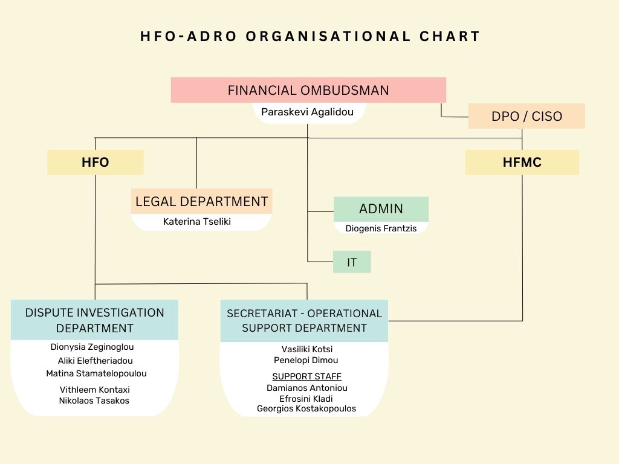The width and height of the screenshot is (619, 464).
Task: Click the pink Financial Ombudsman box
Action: click(x=308, y=90)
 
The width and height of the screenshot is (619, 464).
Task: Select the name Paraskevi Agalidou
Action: click(x=307, y=112)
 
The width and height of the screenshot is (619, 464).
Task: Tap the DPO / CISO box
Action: click(x=527, y=116)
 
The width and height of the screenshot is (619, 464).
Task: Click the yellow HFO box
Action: click(x=95, y=162)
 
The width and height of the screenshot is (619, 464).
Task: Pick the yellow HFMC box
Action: click(x=522, y=162)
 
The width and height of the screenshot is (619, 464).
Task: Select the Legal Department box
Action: click(x=202, y=201)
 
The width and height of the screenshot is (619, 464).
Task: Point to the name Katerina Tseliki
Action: click(x=197, y=221)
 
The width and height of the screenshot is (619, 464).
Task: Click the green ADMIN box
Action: click(x=381, y=208)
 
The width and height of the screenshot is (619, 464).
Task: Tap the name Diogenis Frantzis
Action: click(x=381, y=228)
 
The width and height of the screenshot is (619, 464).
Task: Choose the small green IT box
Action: click(x=352, y=262)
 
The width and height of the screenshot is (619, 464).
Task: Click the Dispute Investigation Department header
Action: click(x=94, y=320)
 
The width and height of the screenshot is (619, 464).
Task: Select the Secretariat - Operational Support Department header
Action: click(x=304, y=321)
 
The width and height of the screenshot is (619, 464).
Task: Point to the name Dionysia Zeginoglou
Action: click(x=92, y=347)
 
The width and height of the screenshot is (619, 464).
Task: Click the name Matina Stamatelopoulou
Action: click(x=96, y=373)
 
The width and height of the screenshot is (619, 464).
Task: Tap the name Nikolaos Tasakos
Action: click(x=94, y=401)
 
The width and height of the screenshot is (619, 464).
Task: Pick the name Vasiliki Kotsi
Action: click(x=306, y=349)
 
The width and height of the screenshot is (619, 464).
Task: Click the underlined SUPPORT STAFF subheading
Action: click(x=306, y=376)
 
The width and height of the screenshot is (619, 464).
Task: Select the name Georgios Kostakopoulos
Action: click(x=306, y=408)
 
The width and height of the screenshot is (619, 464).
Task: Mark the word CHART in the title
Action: click(x=450, y=36)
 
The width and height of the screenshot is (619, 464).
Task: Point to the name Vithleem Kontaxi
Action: click(x=95, y=390)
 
